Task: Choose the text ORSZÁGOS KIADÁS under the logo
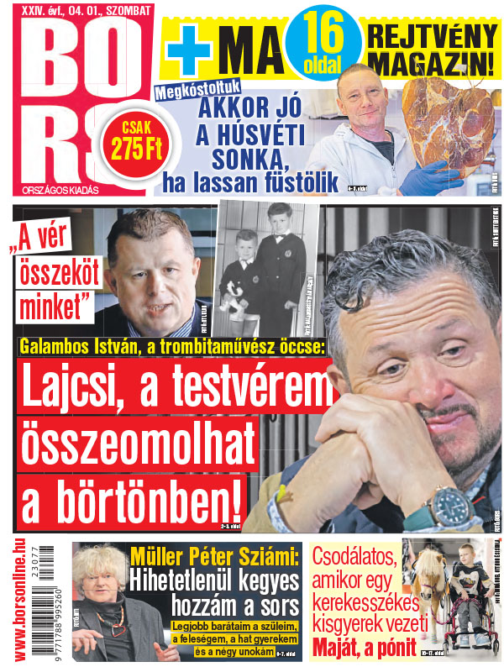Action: [x=52, y=190]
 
